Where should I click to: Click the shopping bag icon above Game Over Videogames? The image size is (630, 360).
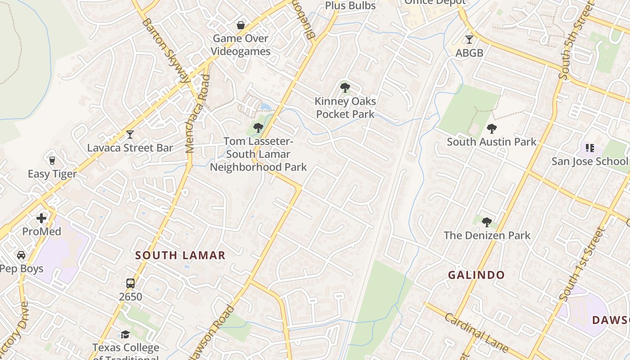click(241, 25)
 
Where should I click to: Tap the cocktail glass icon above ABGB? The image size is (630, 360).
click(469, 40)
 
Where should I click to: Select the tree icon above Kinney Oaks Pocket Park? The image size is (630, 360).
click(345, 88)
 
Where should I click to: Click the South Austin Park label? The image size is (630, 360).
click(491, 142)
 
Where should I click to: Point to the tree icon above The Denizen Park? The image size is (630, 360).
click(486, 222)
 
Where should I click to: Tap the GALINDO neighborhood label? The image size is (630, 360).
click(476, 275)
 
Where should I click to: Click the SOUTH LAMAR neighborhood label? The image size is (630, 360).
click(180, 256)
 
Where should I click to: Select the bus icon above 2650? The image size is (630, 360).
click(130, 283)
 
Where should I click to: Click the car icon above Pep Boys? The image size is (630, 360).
click(21, 255)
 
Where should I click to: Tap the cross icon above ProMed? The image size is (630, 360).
click(41, 219)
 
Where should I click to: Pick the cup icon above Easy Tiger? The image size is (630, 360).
click(52, 160)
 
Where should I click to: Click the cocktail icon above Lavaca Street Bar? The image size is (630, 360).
click(130, 134)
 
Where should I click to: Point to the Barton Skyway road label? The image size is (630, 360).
click(165, 50)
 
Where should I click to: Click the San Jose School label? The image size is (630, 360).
click(589, 161)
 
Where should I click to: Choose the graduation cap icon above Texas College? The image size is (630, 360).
click(125, 334)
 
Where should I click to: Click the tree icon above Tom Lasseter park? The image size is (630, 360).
click(258, 128)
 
